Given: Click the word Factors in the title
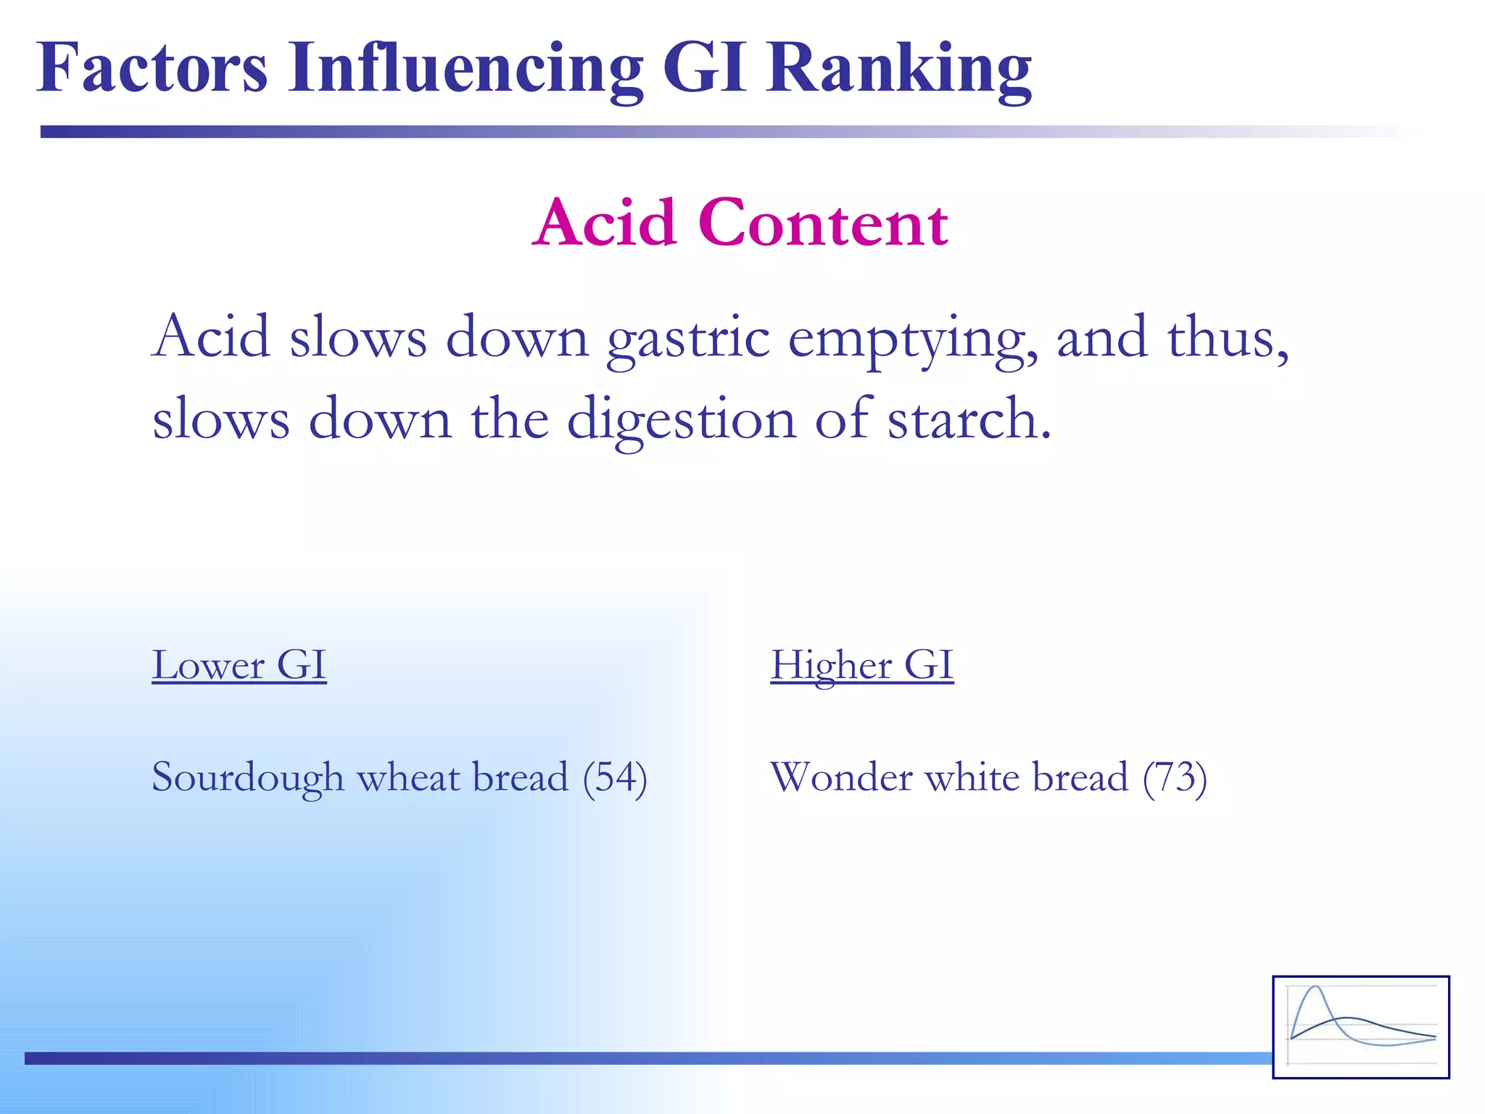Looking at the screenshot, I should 152,68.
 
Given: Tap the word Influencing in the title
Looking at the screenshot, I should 465,70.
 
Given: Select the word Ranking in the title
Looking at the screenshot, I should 899,70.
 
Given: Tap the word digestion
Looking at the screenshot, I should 681,421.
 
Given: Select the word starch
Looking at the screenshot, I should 969,421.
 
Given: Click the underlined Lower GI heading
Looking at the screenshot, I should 239,665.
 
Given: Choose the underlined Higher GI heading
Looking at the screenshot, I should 861,665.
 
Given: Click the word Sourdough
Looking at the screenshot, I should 247,778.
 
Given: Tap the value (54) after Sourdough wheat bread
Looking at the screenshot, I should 615,778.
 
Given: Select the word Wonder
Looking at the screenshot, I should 841,778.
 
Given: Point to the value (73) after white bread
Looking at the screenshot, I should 1175,778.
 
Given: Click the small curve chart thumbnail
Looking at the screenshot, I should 1360,1027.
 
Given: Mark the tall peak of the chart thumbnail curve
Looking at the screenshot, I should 1315,988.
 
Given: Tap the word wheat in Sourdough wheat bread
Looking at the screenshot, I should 408,778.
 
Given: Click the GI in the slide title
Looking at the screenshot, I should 704,68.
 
